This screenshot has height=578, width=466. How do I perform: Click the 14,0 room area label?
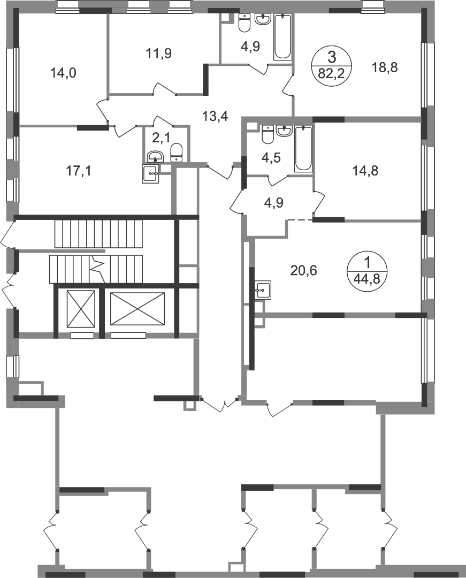pos(63,73)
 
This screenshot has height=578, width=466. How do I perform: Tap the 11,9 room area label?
pos(158,54)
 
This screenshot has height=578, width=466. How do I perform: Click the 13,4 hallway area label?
pos(216,117)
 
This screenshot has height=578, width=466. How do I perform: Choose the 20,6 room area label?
pos(303,271)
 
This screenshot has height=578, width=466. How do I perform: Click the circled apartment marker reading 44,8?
pos(366,271)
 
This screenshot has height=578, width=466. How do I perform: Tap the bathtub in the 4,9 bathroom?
pos(283,36)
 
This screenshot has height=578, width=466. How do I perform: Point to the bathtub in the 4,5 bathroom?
pos(303,149)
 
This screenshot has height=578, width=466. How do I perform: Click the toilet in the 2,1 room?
pos(177,153)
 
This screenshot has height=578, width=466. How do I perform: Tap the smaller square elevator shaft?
pos(81,309)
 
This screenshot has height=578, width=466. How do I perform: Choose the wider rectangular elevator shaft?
pos(137,309)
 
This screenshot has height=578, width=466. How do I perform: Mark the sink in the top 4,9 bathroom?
pos(263,20)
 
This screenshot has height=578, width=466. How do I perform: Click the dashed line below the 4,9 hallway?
pos(300,220)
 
